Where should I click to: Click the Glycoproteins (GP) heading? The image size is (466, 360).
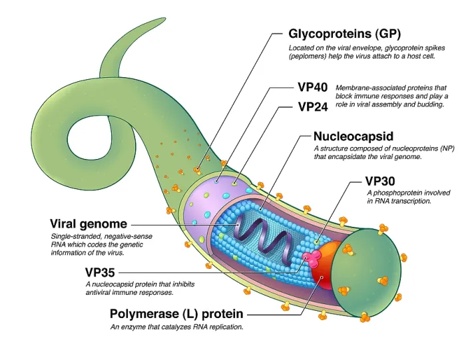tap(344, 34)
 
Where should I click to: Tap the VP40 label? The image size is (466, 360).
tap(313, 87)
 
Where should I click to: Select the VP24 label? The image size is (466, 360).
tap(313, 107)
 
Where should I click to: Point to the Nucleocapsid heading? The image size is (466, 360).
tap(353, 136)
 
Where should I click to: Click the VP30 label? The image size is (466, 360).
tap(380, 181)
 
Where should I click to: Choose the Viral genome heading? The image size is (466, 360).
tap(89, 224)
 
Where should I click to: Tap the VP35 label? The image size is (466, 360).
tap(100, 272)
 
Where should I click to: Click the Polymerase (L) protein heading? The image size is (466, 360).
tap(176, 314)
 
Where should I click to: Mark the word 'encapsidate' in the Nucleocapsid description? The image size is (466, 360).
tap(347, 156)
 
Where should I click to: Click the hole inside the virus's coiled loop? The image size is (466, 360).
tap(89, 138)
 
